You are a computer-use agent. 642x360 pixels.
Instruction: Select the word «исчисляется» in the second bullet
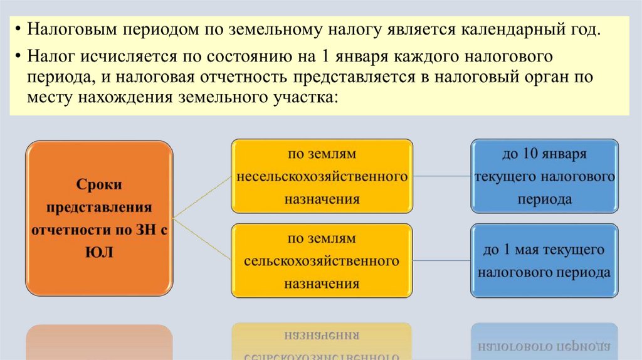pos(129,57)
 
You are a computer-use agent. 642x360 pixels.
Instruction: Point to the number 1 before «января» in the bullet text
pos(324,57)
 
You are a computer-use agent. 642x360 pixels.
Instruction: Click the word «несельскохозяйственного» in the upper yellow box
pos(322,176)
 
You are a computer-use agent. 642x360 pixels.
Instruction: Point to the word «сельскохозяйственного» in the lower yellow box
pos(322,260)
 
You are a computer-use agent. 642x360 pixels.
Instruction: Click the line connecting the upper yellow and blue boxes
pos(441,176)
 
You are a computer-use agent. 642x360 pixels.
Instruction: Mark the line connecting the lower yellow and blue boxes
pos(441,260)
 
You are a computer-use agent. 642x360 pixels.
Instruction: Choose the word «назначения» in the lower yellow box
pos(322,283)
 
